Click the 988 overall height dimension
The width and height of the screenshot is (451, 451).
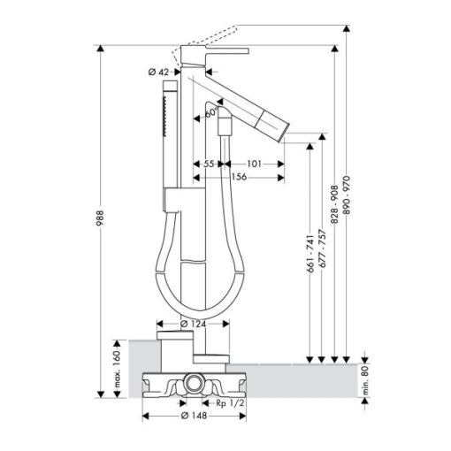click(x=100, y=218)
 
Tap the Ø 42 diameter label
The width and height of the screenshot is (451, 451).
click(x=158, y=72)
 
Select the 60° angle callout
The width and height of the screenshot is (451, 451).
click(x=212, y=112)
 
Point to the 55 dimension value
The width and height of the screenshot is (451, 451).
click(x=209, y=164)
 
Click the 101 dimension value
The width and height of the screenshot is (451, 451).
click(x=254, y=164)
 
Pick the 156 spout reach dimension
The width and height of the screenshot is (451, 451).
click(x=239, y=177)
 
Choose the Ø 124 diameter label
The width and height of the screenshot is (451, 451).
click(x=193, y=324)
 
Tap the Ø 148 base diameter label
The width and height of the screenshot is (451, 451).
click(x=194, y=416)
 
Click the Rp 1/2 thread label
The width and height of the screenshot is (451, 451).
click(x=230, y=402)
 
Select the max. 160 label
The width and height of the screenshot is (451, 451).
click(x=118, y=369)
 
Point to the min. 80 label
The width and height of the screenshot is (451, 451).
click(x=365, y=379)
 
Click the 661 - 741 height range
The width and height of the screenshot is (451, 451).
click(x=310, y=254)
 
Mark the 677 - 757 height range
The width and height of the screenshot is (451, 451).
click(x=323, y=248)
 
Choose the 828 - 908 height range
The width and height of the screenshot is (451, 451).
click(x=334, y=204)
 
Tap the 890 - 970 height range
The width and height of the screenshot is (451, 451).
click(x=347, y=195)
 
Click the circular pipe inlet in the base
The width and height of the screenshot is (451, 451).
click(x=194, y=382)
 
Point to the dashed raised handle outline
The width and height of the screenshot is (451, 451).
click(x=204, y=45)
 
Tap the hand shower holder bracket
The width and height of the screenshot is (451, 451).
click(x=172, y=200)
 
